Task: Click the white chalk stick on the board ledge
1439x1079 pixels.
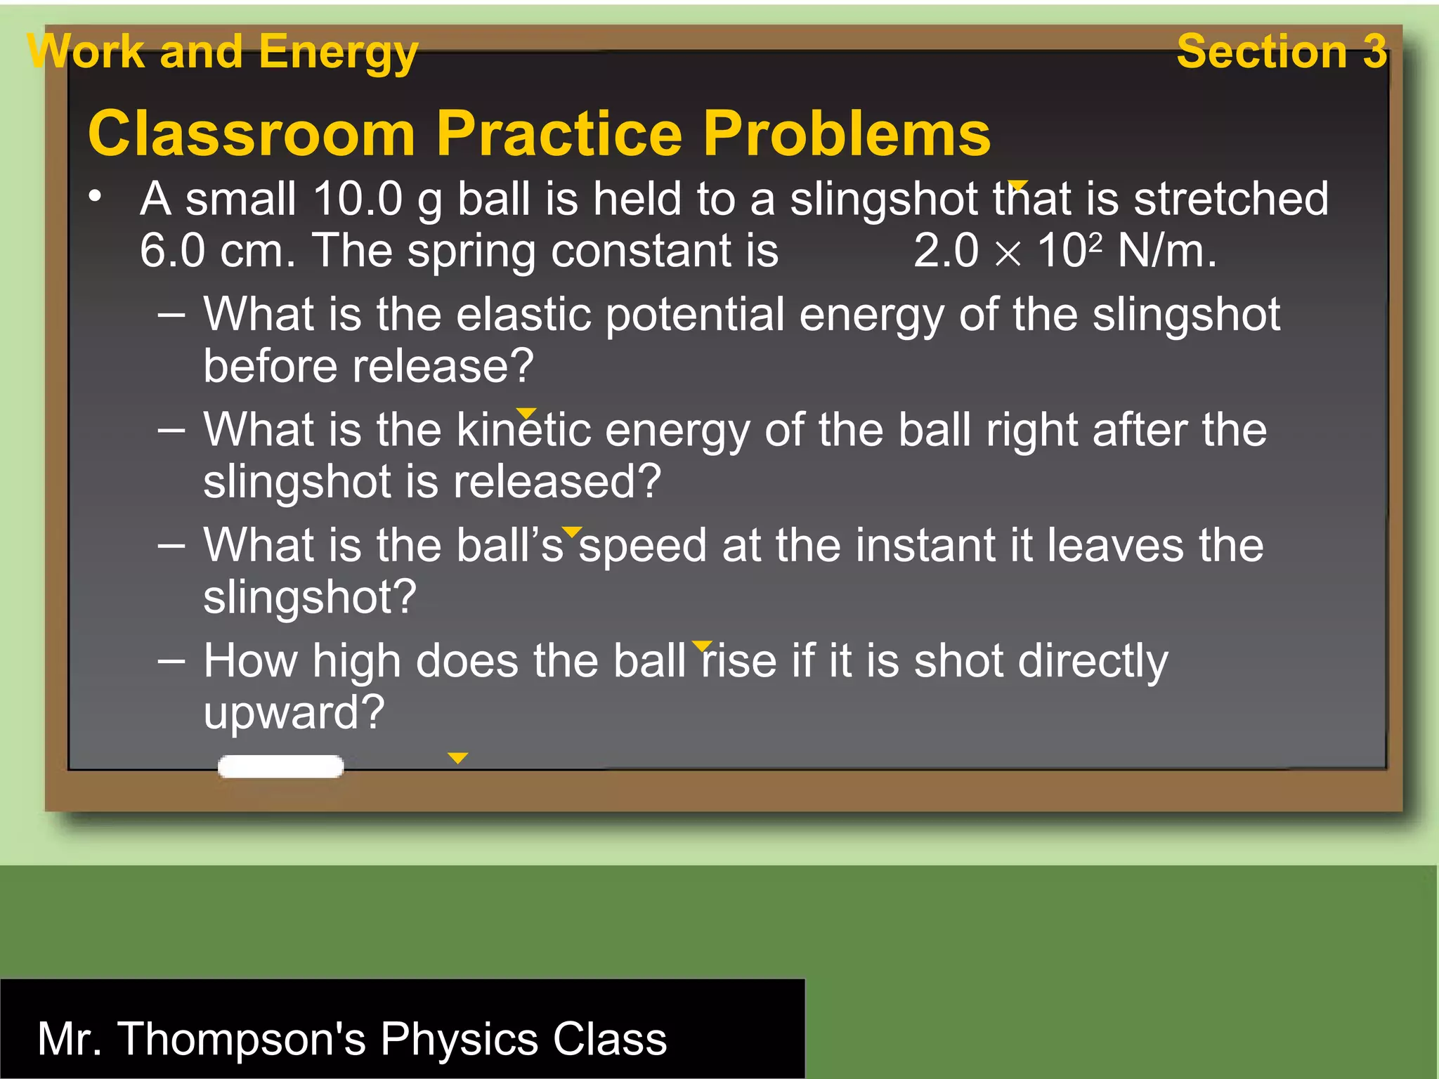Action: click(280, 766)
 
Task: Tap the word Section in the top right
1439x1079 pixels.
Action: click(1261, 51)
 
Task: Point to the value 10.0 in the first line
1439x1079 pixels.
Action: click(358, 199)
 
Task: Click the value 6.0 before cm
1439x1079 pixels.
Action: click(172, 251)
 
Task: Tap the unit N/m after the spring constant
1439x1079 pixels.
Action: click(1166, 251)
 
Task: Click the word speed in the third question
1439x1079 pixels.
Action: click(642, 546)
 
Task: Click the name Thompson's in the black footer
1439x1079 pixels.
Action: click(241, 1038)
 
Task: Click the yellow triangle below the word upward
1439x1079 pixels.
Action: click(457, 758)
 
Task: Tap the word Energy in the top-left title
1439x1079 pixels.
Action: click(338, 53)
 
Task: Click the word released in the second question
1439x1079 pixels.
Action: click(556, 482)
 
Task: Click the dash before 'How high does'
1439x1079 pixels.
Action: click(172, 660)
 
